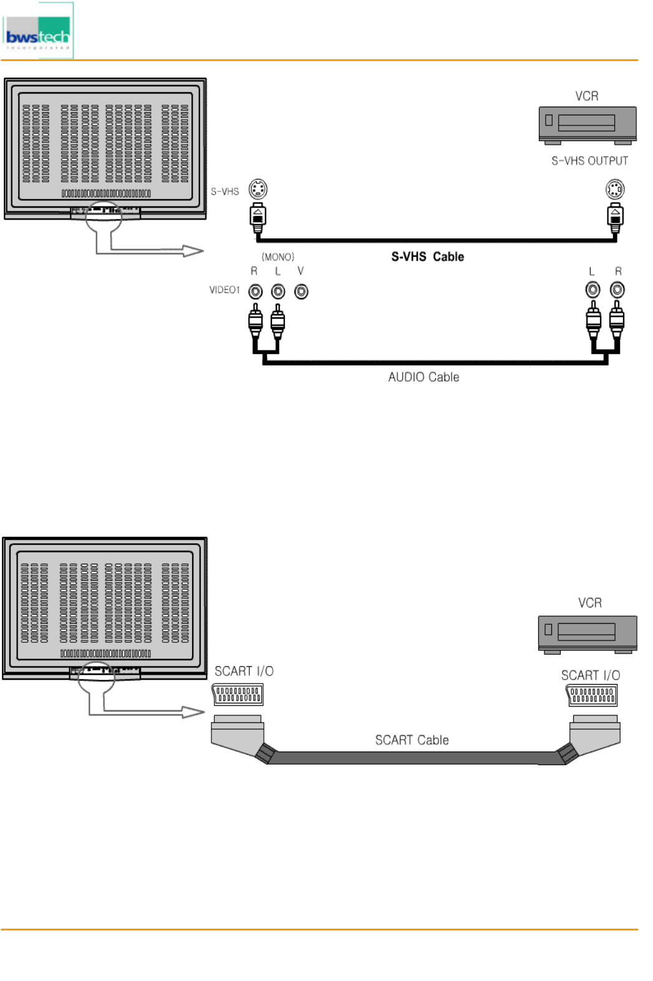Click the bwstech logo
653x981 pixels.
[38, 31]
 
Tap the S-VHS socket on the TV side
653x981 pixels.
[258, 189]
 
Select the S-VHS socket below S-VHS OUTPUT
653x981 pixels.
[615, 189]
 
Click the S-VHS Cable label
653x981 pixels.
[427, 257]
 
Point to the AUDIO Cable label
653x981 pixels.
[423, 377]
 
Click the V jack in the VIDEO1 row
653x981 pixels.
[301, 291]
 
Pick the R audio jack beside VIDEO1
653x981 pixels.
[256, 291]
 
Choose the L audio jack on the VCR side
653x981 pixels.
[593, 290]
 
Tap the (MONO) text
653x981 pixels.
[278, 257]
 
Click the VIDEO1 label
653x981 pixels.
[224, 290]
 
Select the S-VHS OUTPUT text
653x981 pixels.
[589, 161]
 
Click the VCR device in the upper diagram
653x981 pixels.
[588, 124]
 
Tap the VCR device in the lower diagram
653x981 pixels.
[588, 633]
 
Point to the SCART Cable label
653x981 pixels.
[412, 740]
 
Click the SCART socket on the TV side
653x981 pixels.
[238, 694]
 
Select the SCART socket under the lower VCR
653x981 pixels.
[592, 695]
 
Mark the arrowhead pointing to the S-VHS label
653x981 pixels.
[193, 251]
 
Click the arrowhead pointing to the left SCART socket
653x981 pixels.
[193, 712]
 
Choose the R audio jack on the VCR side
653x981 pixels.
[617, 290]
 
